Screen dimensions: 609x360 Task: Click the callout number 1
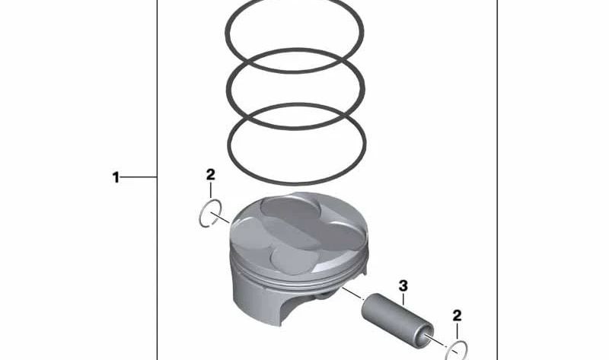[x=116, y=177]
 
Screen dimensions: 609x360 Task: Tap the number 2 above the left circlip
[x=211, y=174]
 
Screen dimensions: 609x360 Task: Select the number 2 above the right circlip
[x=458, y=315]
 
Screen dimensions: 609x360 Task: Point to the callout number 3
[x=403, y=286]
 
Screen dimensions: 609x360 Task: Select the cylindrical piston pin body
[x=397, y=316]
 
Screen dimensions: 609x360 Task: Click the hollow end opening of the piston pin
[x=429, y=339]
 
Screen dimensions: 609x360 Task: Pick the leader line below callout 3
[x=403, y=299]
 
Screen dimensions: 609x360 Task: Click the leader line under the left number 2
[x=211, y=190]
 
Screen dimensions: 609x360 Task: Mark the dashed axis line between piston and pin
[x=352, y=293]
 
